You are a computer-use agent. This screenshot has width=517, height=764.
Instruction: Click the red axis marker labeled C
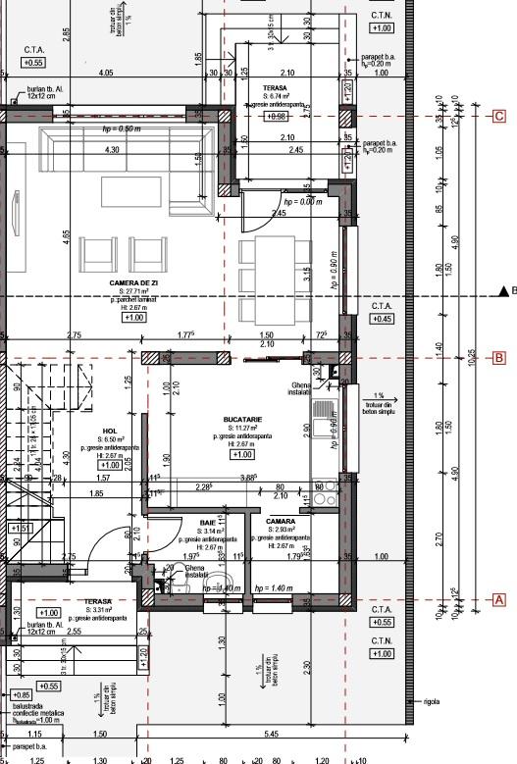(x=498, y=116)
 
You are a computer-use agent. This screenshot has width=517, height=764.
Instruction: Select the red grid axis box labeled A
(x=498, y=598)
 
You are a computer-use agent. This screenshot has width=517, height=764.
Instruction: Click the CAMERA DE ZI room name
(x=133, y=281)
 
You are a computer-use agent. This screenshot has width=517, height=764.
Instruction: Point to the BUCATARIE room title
(x=240, y=418)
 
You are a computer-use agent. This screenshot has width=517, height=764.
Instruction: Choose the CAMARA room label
(x=281, y=522)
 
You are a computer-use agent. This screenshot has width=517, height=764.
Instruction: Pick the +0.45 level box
(x=382, y=319)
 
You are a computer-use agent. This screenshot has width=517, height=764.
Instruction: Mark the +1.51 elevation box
(x=20, y=528)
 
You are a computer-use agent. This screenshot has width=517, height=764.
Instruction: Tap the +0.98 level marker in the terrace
(x=276, y=116)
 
